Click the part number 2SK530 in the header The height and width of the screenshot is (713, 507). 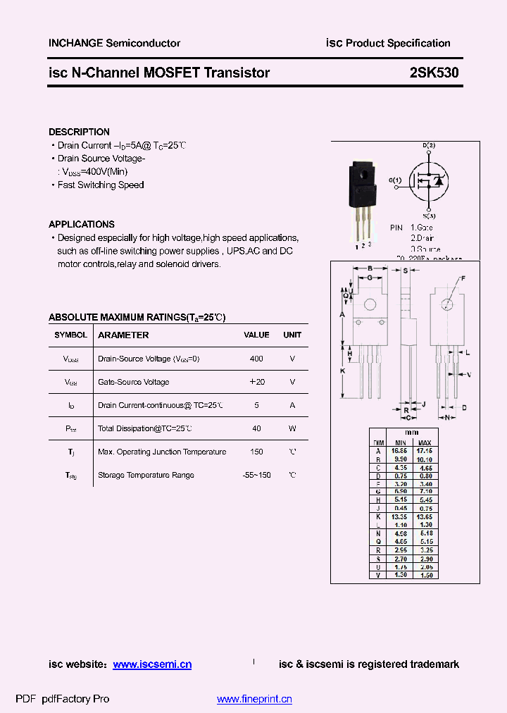[434, 73]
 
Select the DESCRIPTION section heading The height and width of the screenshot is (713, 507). [79, 132]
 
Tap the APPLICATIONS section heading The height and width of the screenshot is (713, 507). [81, 224]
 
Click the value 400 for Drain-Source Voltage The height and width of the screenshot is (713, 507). [256, 359]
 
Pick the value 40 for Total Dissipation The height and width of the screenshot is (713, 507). [256, 428]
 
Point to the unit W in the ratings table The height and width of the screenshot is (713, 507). [292, 428]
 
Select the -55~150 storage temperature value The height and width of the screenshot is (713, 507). [256, 475]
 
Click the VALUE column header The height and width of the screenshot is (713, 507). [256, 335]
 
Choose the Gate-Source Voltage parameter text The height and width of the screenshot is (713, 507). [133, 382]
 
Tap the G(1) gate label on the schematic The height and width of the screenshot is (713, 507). [394, 180]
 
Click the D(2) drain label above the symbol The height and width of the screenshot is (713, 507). [429, 145]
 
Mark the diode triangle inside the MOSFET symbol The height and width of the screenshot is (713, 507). [438, 182]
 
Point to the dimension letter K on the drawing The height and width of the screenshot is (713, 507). [342, 371]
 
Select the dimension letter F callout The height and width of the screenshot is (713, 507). [463, 279]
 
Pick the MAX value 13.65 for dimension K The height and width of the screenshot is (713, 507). [425, 516]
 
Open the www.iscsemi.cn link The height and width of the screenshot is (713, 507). [152, 664]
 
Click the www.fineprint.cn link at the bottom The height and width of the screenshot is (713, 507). [254, 699]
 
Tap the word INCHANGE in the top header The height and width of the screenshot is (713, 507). [75, 43]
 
